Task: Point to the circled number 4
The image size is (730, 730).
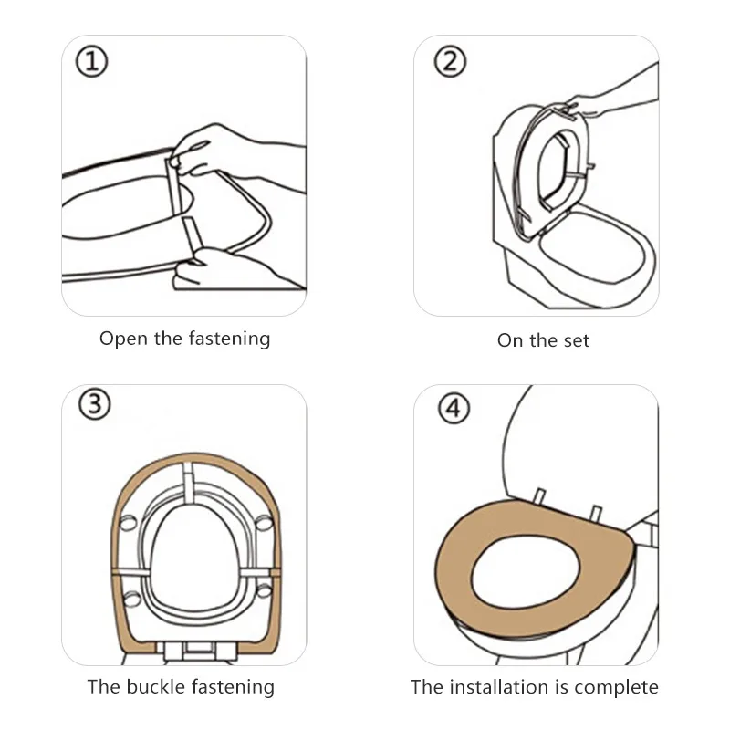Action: (x=454, y=409)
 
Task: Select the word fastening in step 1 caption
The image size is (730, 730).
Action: (x=230, y=339)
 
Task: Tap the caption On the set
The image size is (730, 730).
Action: (x=543, y=340)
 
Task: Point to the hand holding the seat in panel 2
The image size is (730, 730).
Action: (x=584, y=102)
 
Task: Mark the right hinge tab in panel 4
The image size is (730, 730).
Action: (x=597, y=512)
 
